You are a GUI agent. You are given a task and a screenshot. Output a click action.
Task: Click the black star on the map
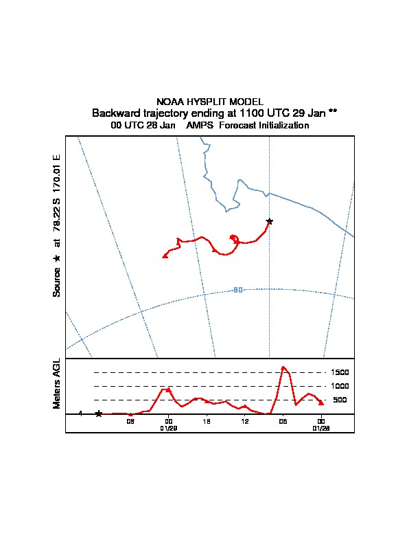(x=270, y=221)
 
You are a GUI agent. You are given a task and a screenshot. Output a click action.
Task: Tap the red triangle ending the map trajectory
(x=165, y=256)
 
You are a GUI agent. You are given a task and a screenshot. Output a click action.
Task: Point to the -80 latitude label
(x=237, y=290)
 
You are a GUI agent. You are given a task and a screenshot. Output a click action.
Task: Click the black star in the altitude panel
(x=99, y=413)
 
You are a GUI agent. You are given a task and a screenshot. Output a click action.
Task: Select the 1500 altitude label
(x=340, y=372)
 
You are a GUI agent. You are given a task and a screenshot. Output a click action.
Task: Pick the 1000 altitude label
(x=340, y=386)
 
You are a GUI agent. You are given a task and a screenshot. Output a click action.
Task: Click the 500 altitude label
(x=340, y=400)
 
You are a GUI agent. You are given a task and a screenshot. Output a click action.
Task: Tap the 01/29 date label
(x=169, y=428)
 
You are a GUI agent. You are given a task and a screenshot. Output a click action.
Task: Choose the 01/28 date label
(x=321, y=428)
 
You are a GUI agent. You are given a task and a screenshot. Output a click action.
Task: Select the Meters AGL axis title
(x=57, y=384)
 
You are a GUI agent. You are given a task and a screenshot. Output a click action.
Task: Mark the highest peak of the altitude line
(x=283, y=367)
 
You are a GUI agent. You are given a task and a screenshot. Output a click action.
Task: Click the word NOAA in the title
(x=171, y=102)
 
